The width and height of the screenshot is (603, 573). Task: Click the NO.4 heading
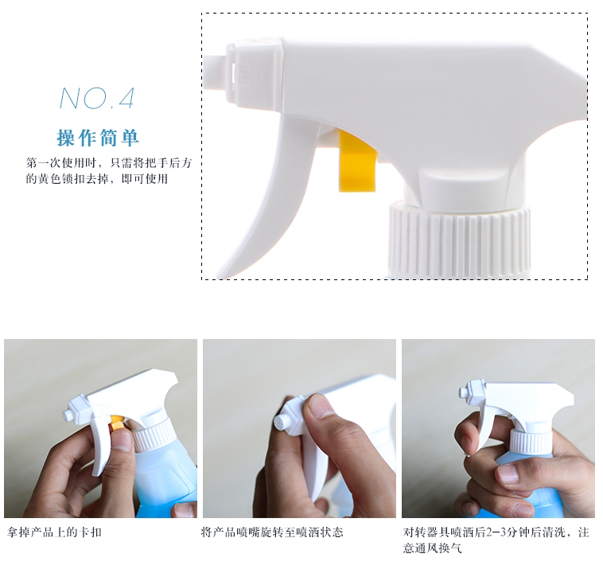[97, 98]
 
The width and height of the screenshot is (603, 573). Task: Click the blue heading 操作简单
[98, 138]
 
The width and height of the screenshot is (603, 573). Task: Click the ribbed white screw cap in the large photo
[459, 240]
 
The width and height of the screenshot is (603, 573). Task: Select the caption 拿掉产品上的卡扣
[54, 532]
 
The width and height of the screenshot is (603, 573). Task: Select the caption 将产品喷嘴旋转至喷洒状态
[272, 532]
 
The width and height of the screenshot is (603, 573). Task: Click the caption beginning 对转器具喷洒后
[496, 540]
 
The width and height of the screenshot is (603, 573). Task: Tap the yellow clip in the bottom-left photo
[116, 422]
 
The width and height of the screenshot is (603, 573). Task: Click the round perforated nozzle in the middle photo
[280, 423]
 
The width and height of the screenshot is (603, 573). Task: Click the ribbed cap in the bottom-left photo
[153, 434]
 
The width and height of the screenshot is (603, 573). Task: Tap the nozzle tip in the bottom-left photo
[68, 415]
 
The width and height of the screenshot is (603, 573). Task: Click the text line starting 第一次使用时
[109, 163]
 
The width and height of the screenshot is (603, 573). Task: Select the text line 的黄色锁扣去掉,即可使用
[97, 178]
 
